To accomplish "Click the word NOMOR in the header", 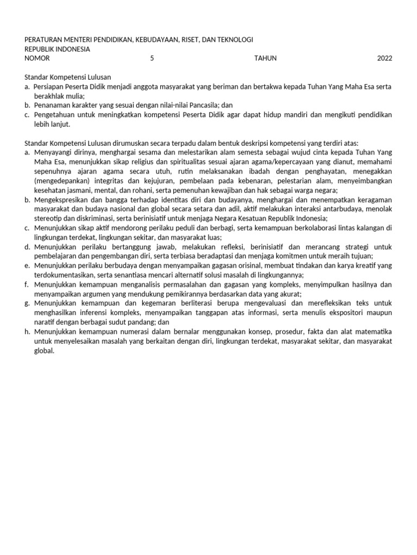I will pyautogui.click(x=37, y=58).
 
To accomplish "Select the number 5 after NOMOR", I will pyautogui.click(x=152, y=58).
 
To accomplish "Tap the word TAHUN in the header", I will pyautogui.click(x=265, y=58).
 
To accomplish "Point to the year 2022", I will pyautogui.click(x=384, y=58).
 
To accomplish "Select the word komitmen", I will pyautogui.click(x=308, y=256).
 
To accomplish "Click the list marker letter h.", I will pyautogui.click(x=27, y=332).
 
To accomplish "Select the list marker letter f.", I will pyautogui.click(x=27, y=285).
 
